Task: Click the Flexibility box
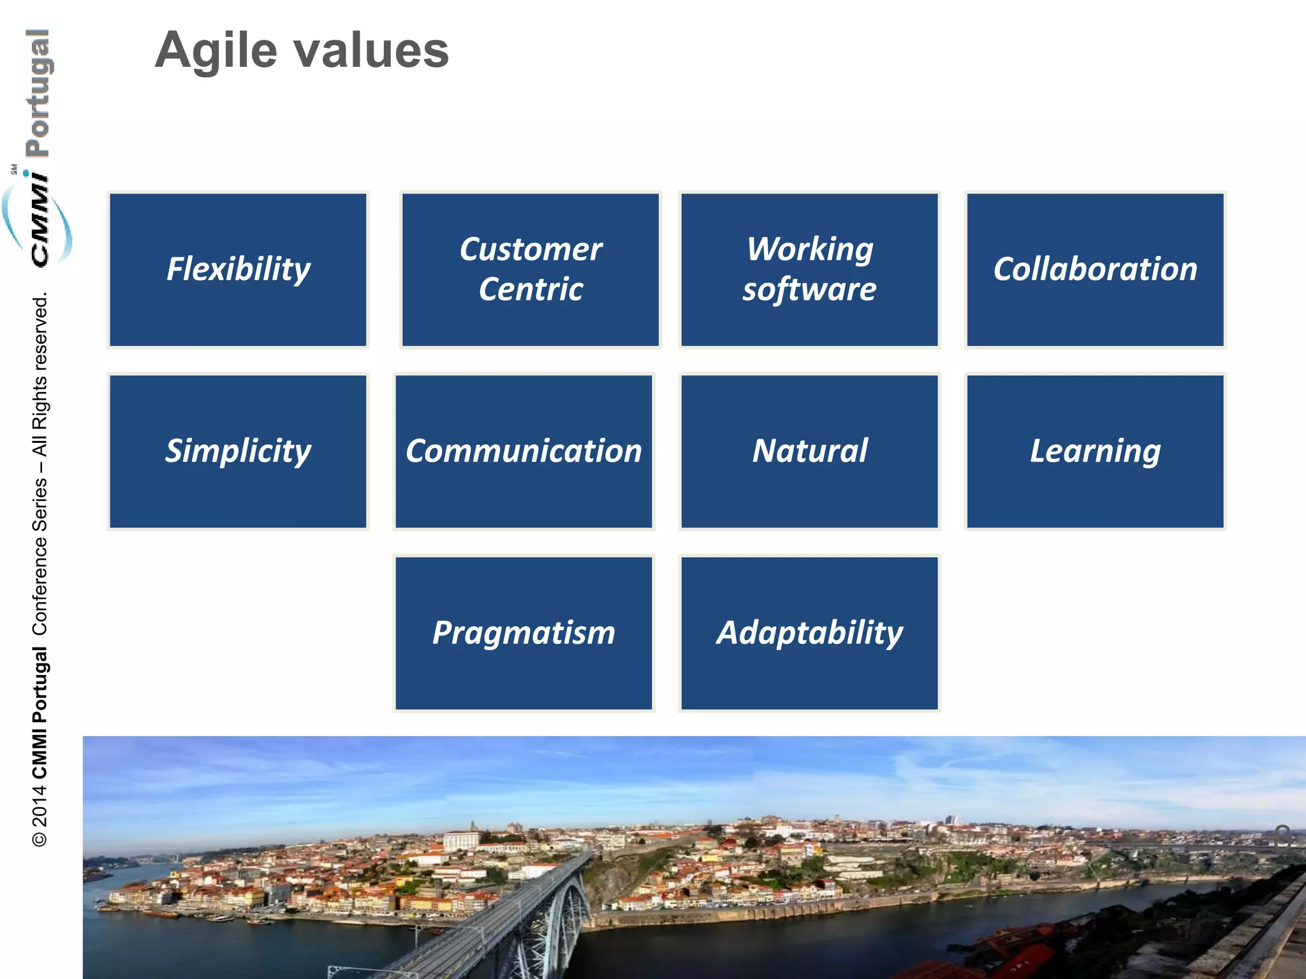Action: pos(238,270)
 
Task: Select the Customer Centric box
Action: pos(530,270)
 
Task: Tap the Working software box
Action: pos(809,270)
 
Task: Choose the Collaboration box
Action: pos(1095,270)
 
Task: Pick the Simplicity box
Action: pos(238,451)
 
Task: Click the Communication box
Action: pos(524,451)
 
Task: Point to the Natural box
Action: pos(809,451)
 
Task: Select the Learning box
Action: pos(1095,451)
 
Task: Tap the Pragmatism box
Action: pos(524,633)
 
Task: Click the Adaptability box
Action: pos(809,633)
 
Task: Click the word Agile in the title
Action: pos(216,51)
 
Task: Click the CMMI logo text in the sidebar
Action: pos(40,220)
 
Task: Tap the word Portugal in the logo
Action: pos(38,93)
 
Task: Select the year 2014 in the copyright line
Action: pos(40,806)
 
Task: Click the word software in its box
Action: pos(809,290)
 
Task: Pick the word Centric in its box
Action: pos(531,290)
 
